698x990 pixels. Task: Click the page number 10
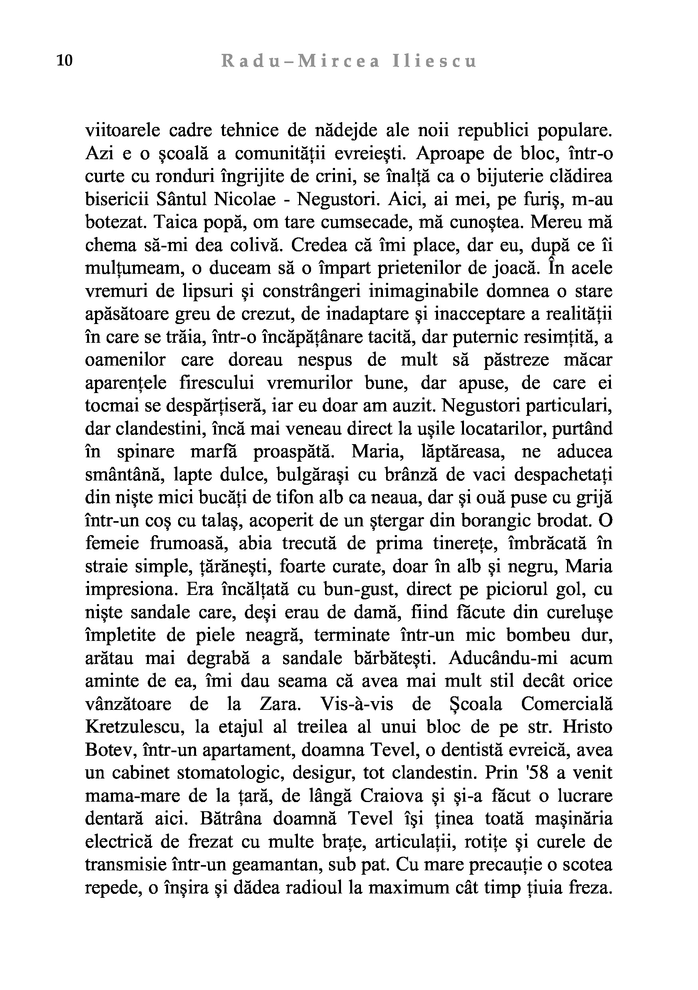point(65,61)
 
